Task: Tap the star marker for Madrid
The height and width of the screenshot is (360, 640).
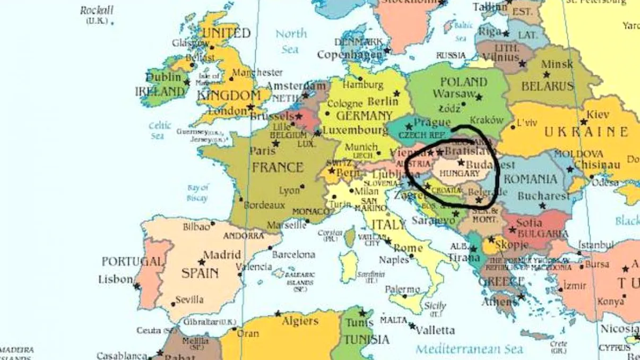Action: click(x=202, y=262)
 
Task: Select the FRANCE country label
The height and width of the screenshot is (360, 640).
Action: click(x=278, y=168)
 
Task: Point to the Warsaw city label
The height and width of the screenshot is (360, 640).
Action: click(x=454, y=94)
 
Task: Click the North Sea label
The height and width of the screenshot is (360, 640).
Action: click(x=290, y=41)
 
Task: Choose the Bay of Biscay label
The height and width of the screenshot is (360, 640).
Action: click(x=197, y=192)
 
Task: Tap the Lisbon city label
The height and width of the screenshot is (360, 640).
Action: click(x=115, y=279)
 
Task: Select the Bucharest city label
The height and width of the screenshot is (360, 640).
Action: click(x=543, y=196)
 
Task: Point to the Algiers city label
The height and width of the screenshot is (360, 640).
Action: click(x=300, y=321)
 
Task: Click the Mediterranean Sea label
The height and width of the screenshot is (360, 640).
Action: click(x=469, y=349)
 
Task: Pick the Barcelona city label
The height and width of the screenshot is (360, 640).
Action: click(x=293, y=254)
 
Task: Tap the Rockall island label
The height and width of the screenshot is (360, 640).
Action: click(x=97, y=11)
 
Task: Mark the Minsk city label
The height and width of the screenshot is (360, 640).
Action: click(x=557, y=64)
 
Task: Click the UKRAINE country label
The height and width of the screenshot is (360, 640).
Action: click(x=586, y=132)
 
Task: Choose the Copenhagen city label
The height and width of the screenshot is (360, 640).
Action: click(x=350, y=54)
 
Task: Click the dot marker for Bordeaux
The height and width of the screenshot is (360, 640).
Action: click(x=241, y=200)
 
